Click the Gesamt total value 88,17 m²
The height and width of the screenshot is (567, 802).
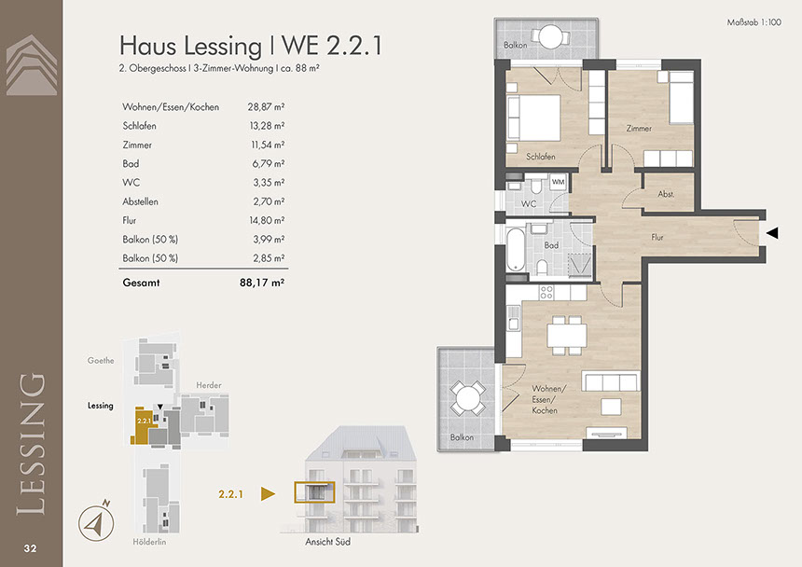tap(262, 283)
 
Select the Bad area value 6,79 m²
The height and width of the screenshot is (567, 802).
tap(268, 163)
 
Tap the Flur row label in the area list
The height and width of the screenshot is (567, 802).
tap(130, 220)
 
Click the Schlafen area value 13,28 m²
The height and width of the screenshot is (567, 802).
tap(267, 126)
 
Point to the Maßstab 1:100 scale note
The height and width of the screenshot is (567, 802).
tap(754, 22)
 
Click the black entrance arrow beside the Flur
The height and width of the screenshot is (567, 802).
tap(772, 233)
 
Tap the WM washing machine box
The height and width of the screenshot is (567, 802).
tap(558, 182)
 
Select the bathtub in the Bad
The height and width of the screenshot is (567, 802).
tap(516, 249)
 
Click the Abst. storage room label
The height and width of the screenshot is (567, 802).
tap(666, 194)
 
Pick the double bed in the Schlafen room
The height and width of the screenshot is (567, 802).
tap(533, 118)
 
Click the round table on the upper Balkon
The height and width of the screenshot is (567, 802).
tap(550, 35)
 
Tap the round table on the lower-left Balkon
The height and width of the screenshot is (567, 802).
tap(467, 398)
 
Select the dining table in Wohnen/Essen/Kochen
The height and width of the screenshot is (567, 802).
tap(567, 336)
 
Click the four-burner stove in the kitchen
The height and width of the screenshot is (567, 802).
tap(546, 293)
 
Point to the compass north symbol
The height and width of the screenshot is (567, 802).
tap(96, 522)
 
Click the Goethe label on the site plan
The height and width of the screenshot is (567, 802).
tap(101, 361)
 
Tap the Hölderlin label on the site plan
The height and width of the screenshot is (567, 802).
tap(149, 542)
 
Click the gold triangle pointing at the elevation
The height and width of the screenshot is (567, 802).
tap(268, 494)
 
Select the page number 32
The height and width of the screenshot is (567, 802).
tap(30, 548)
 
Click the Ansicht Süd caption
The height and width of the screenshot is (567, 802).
tap(328, 542)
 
